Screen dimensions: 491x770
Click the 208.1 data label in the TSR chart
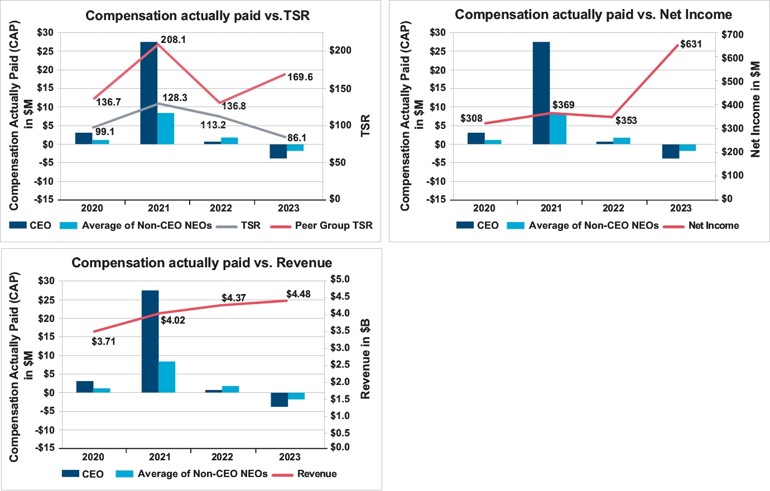174,40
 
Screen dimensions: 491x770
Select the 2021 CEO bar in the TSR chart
149,93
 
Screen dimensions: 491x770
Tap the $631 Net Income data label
691,44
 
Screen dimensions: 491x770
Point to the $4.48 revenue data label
299,294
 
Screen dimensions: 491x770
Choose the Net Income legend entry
713,225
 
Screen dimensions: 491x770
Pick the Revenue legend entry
316,474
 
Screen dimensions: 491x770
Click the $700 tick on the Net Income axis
733,35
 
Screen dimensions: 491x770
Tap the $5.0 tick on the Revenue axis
340,279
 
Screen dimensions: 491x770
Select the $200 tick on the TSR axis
340,51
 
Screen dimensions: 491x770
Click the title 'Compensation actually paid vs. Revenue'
202,263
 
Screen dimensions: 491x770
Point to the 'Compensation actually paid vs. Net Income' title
593,15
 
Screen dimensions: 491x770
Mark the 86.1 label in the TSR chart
296,138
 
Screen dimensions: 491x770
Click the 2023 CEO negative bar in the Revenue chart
280,399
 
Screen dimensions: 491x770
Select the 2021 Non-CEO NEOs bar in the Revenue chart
167,377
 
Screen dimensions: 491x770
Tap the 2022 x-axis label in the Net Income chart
613,208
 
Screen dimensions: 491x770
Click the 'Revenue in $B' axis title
365,359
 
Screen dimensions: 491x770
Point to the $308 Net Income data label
471,118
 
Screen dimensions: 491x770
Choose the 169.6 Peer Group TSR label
300,77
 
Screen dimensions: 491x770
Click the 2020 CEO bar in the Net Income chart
476,138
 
